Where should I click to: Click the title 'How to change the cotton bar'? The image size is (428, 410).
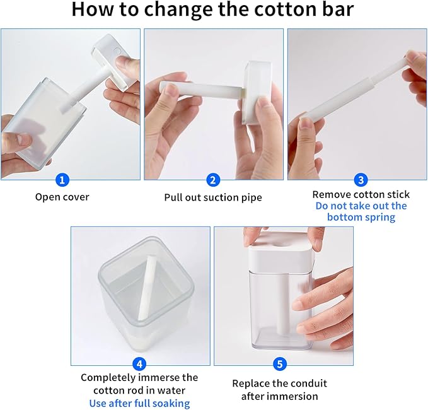(x=213, y=11)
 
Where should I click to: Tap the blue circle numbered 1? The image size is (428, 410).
(x=62, y=180)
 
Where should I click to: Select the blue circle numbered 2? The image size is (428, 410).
(x=213, y=180)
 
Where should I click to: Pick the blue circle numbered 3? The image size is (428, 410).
(x=361, y=180)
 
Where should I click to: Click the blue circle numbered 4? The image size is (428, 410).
(x=139, y=364)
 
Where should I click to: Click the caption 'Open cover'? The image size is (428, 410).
(x=62, y=197)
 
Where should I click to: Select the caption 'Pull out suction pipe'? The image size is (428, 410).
(x=213, y=197)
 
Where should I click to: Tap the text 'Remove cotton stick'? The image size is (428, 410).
(x=361, y=194)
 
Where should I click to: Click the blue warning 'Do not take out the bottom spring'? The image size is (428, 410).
(x=361, y=211)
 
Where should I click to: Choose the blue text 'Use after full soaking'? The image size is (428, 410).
(x=139, y=403)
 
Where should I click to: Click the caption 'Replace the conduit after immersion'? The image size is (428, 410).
(x=279, y=390)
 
